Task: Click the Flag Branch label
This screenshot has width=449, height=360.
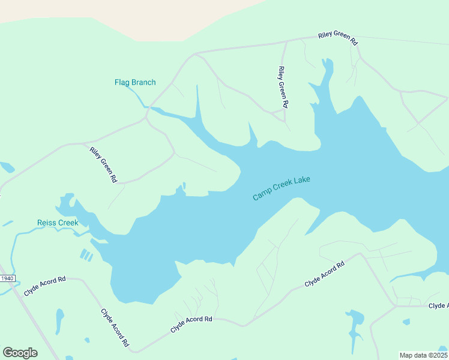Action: coord(135,83)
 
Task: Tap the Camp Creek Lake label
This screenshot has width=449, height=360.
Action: coord(282,188)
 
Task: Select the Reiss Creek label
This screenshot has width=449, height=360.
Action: coord(58,223)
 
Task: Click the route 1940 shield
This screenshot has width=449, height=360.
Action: coord(7,278)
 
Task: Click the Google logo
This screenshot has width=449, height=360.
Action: coord(20,353)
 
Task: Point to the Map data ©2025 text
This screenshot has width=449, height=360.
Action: coord(423,355)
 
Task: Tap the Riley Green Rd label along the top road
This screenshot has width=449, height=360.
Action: coord(337,40)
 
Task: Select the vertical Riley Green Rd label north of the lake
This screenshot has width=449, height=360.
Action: coord(283,87)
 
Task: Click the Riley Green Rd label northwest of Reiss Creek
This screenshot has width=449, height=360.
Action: coord(103,165)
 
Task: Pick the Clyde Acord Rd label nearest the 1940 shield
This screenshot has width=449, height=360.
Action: coord(45,286)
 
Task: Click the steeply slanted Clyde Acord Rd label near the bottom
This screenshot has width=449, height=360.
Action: coord(115,328)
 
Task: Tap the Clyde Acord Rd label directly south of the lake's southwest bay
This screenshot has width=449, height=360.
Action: coord(191,325)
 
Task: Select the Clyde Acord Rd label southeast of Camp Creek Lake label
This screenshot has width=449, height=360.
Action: coord(324,274)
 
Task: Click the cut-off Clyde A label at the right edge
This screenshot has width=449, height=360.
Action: coord(438,306)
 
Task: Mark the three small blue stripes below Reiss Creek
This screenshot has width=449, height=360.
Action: coord(87,256)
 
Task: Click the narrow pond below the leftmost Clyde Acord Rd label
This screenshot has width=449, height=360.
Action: coord(59,321)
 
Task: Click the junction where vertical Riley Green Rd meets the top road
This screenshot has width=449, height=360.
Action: coord(286,41)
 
